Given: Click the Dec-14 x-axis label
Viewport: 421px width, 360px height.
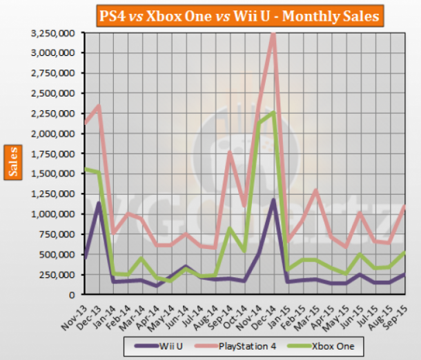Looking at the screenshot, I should point(264,310).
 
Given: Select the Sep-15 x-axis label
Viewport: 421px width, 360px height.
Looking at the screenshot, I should point(395,310).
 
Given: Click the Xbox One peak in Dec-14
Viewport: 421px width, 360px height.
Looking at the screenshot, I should point(274,112).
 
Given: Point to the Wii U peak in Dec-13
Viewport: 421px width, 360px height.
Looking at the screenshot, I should point(99,203).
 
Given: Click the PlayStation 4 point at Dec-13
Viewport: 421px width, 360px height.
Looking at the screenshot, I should point(99,106).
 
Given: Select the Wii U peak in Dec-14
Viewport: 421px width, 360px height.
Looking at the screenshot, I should point(274,200).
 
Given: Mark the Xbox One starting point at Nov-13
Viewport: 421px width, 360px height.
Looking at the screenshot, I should point(85,169).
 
